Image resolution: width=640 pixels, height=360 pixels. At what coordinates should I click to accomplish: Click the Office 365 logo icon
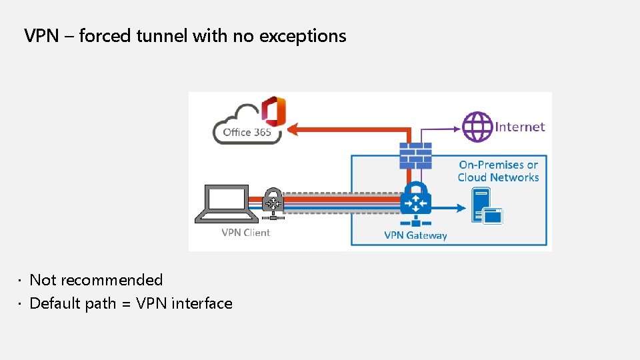tap(273, 111)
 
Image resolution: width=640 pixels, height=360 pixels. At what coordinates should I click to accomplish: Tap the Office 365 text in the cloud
tap(247, 132)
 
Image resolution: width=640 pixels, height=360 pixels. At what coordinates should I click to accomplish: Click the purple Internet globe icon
tap(477, 127)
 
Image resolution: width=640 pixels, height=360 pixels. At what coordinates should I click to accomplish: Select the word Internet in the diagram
tap(520, 127)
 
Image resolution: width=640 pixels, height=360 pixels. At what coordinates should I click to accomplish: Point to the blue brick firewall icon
tap(415, 155)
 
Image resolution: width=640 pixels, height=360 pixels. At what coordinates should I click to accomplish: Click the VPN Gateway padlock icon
tap(416, 199)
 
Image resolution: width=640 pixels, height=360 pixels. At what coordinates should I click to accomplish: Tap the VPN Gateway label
tap(415, 235)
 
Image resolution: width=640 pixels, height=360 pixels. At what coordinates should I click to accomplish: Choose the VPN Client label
tap(246, 233)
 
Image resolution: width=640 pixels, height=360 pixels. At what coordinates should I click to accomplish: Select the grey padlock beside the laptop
tap(273, 203)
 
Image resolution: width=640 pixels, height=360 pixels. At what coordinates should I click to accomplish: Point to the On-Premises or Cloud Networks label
tap(498, 171)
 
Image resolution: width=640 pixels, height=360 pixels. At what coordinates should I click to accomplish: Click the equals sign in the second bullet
tap(127, 304)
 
